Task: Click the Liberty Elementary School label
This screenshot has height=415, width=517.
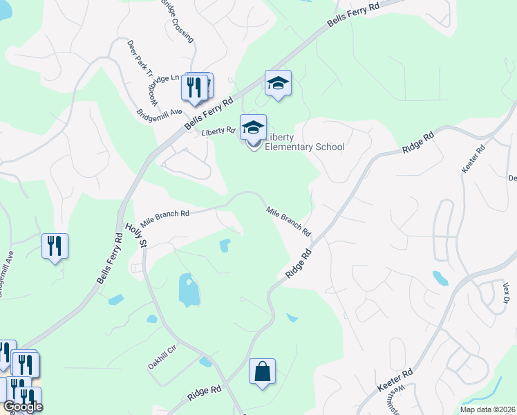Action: tap(305, 141)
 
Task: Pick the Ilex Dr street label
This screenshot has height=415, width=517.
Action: tap(505, 291)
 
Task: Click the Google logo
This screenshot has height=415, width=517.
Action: tap(23, 407)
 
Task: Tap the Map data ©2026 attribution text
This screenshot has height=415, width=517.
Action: tap(488, 409)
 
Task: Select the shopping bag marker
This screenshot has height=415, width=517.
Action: tap(263, 371)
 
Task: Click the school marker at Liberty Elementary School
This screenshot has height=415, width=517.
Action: tap(253, 127)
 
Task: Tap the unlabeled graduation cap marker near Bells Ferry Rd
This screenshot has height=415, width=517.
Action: tap(278, 84)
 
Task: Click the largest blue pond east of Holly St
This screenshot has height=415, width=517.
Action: tap(188, 290)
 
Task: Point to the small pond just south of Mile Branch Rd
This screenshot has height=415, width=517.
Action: tap(225, 245)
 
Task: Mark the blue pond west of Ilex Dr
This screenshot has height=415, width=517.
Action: tap(440, 278)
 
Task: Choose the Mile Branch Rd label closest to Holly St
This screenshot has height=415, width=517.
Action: tap(164, 219)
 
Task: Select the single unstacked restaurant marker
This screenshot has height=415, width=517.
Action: tap(55, 246)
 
